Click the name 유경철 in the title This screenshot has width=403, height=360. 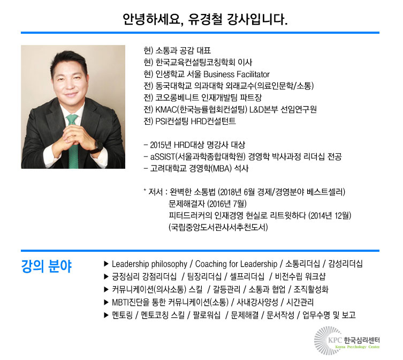coord(205,19)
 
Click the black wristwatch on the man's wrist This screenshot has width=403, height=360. coord(97,146)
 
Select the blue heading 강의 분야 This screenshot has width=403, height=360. coord(46,266)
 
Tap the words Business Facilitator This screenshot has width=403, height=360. coord(236,74)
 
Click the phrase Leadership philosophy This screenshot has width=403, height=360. coord(149,264)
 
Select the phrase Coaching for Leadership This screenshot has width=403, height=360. coord(236,264)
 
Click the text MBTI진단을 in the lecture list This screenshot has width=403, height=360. coord(131,302)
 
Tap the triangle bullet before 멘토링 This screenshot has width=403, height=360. coord(106,315)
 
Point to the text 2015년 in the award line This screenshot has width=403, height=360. coord(161,145)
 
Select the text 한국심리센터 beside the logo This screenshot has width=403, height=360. coord(362,340)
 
